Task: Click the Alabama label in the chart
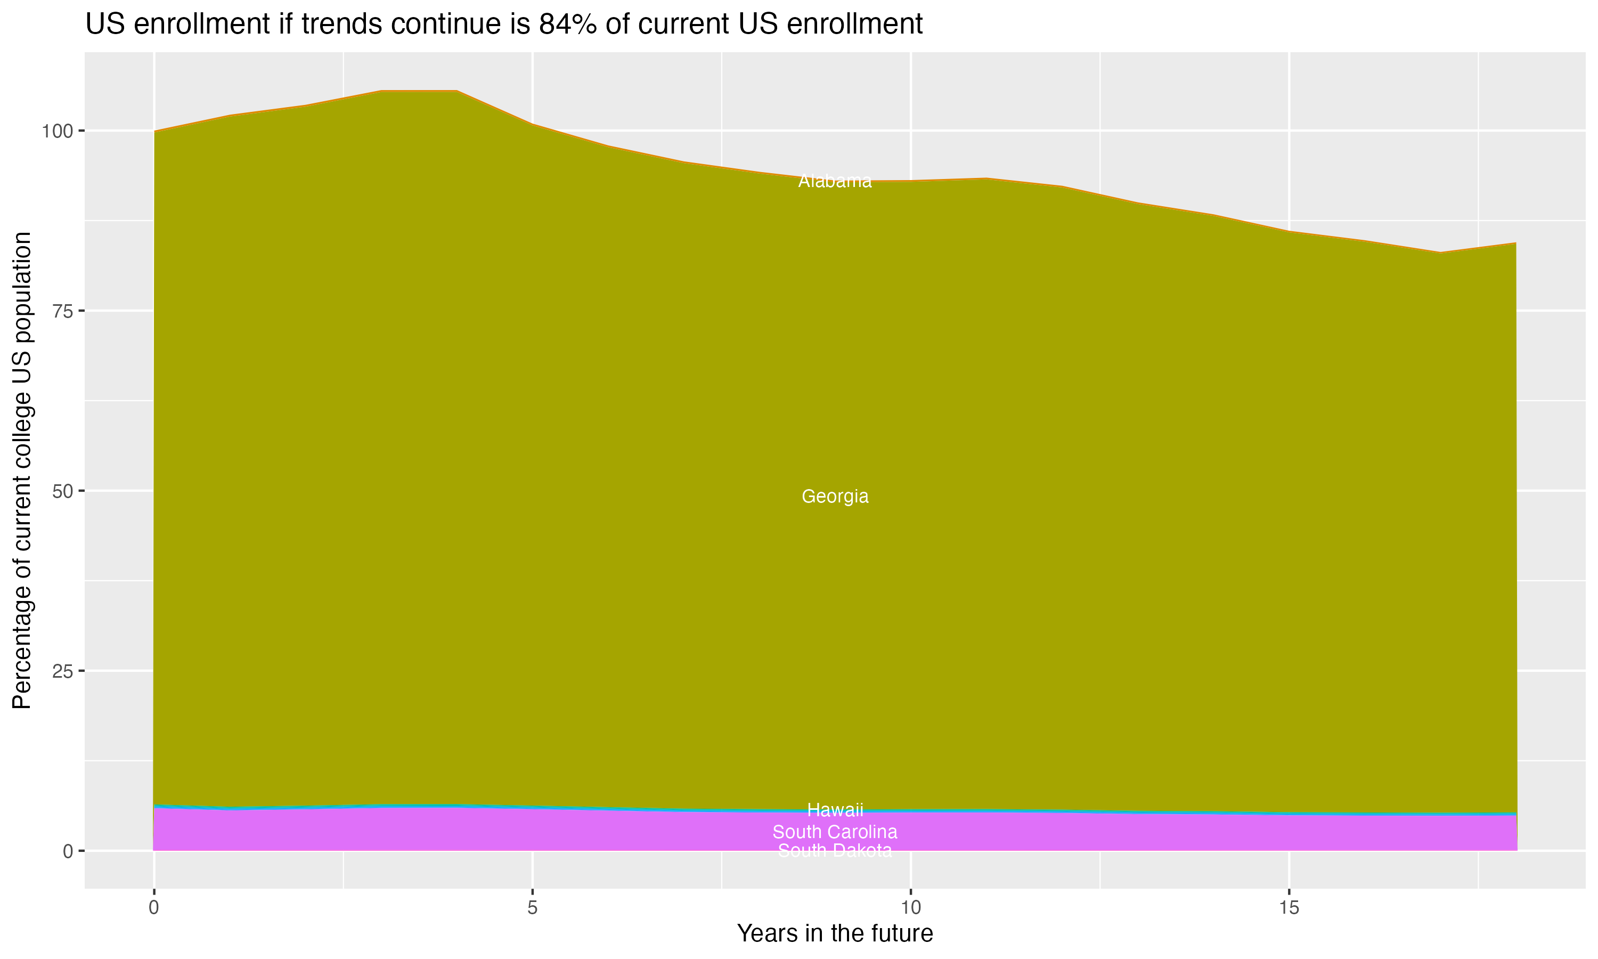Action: tap(835, 182)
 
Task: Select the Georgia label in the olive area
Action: tap(835, 497)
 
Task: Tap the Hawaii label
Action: tap(835, 810)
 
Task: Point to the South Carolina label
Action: tap(835, 832)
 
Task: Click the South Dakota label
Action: tap(835, 850)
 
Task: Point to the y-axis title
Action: tap(22, 470)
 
